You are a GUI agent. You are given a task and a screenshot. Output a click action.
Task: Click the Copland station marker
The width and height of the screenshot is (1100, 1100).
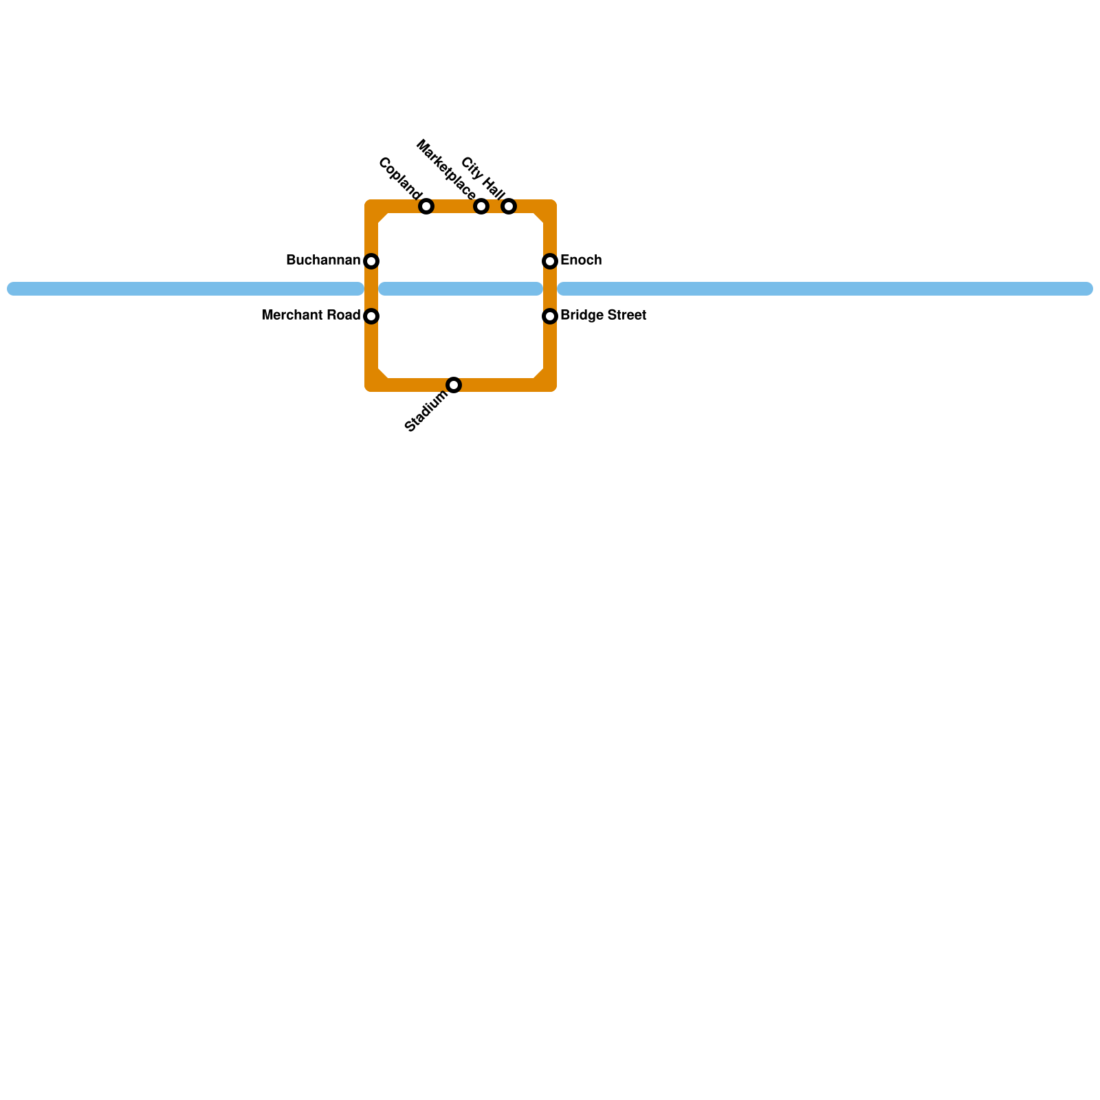(426, 206)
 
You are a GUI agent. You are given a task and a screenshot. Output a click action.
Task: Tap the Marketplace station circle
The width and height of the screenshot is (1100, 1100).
(481, 206)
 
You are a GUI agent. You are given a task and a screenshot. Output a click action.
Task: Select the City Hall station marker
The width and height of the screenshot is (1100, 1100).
(509, 206)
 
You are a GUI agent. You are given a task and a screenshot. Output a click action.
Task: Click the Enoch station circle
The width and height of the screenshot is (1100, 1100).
(550, 261)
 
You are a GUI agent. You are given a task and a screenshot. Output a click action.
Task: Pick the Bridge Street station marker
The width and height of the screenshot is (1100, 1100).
(550, 316)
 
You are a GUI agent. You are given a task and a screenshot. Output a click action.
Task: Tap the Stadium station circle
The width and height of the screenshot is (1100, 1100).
(454, 385)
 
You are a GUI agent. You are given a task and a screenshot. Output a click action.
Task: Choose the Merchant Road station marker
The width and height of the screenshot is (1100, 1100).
(371, 316)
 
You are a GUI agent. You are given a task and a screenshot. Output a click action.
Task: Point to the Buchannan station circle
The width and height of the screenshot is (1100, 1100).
(371, 261)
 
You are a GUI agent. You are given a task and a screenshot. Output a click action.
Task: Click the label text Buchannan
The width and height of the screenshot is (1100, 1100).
(322, 261)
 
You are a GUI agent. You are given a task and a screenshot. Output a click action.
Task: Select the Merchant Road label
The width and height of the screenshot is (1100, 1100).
(311, 316)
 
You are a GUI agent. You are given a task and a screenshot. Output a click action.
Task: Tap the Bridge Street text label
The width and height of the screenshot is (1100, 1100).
(603, 316)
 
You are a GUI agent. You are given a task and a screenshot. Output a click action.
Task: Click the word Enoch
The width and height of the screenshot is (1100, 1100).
(581, 261)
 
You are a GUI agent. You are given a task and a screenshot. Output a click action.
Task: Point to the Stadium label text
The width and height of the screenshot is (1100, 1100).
(426, 412)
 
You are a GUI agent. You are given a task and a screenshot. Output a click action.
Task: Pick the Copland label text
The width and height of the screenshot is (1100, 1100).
(399, 176)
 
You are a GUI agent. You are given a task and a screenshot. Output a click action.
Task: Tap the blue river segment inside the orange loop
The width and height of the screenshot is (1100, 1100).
(461, 289)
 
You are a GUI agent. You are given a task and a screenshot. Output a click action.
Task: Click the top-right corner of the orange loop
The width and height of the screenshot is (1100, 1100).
(549, 207)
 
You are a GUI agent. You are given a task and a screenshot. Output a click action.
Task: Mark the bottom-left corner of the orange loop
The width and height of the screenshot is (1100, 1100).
(372, 384)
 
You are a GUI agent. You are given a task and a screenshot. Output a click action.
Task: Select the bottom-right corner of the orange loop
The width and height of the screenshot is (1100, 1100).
(549, 384)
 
